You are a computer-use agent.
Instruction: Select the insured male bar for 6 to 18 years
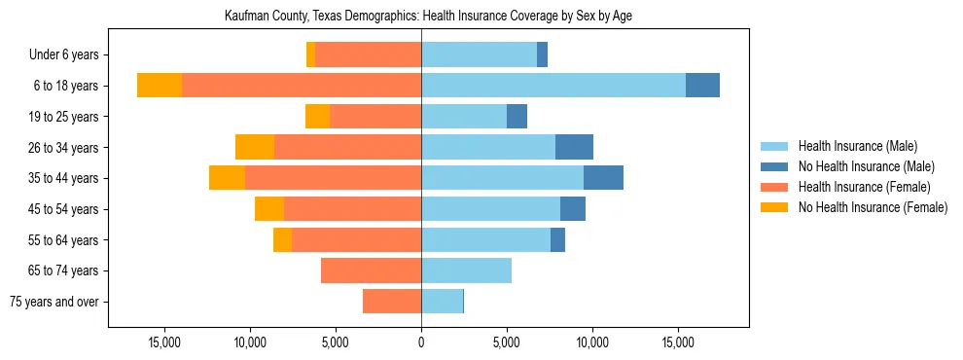553,86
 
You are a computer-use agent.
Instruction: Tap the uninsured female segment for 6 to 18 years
160,86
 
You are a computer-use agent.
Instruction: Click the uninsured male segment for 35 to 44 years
603,178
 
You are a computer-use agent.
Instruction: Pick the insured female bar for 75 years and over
392,302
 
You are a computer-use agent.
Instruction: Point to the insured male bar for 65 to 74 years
466,270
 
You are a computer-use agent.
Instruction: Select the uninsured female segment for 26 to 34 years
255,147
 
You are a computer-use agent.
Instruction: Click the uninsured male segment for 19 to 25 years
517,117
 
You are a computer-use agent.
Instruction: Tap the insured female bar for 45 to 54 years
352,209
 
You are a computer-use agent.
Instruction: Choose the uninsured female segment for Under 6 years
310,54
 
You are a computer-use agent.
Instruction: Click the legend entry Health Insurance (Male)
857,146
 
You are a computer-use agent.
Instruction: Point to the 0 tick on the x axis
421,342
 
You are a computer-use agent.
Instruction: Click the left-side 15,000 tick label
165,342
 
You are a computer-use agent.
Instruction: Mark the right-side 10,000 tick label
591,342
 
